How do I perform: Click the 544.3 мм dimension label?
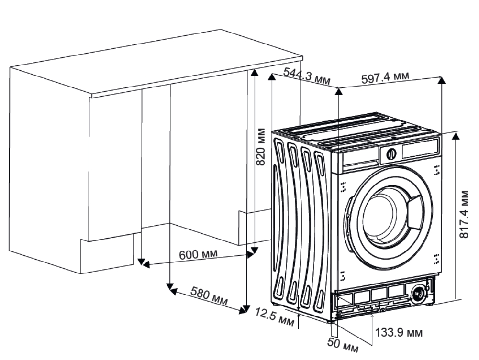click(307, 76)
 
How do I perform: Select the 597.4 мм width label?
click(385, 78)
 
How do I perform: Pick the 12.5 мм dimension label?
click(274, 317)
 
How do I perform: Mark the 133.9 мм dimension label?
click(399, 332)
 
